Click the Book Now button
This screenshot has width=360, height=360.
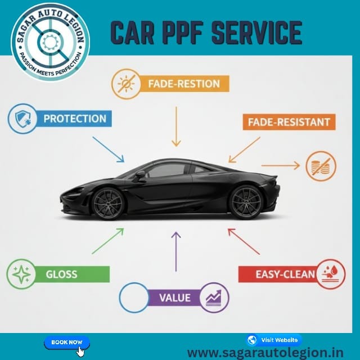[67, 343]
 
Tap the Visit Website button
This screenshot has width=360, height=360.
[274, 340]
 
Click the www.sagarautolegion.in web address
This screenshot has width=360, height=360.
[265, 353]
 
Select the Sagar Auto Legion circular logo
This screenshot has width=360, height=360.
[50, 42]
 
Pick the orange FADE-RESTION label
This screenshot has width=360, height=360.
[184, 84]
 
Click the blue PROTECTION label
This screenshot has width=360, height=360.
[74, 119]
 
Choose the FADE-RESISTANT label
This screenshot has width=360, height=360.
[289, 122]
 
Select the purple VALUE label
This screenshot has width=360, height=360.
[175, 298]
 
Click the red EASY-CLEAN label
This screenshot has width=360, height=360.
[278, 274]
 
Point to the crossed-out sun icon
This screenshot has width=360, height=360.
[126, 84]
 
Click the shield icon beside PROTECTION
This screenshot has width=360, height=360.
[22, 119]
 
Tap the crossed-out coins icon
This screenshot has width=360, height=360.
[321, 165]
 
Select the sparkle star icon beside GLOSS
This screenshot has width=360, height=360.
[21, 274]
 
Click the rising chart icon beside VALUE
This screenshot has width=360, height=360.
[214, 298]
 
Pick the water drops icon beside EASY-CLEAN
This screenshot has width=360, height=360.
[331, 274]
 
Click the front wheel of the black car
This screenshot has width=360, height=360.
[107, 203]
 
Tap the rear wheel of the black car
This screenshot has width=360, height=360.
[246, 202]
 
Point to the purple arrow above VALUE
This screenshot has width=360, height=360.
[176, 251]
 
